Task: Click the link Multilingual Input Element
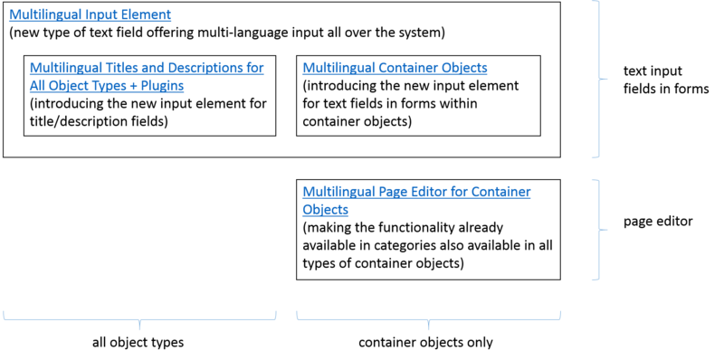click(90, 14)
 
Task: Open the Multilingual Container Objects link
click(395, 68)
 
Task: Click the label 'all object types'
click(138, 343)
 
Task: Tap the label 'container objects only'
click(425, 343)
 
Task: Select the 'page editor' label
click(658, 222)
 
